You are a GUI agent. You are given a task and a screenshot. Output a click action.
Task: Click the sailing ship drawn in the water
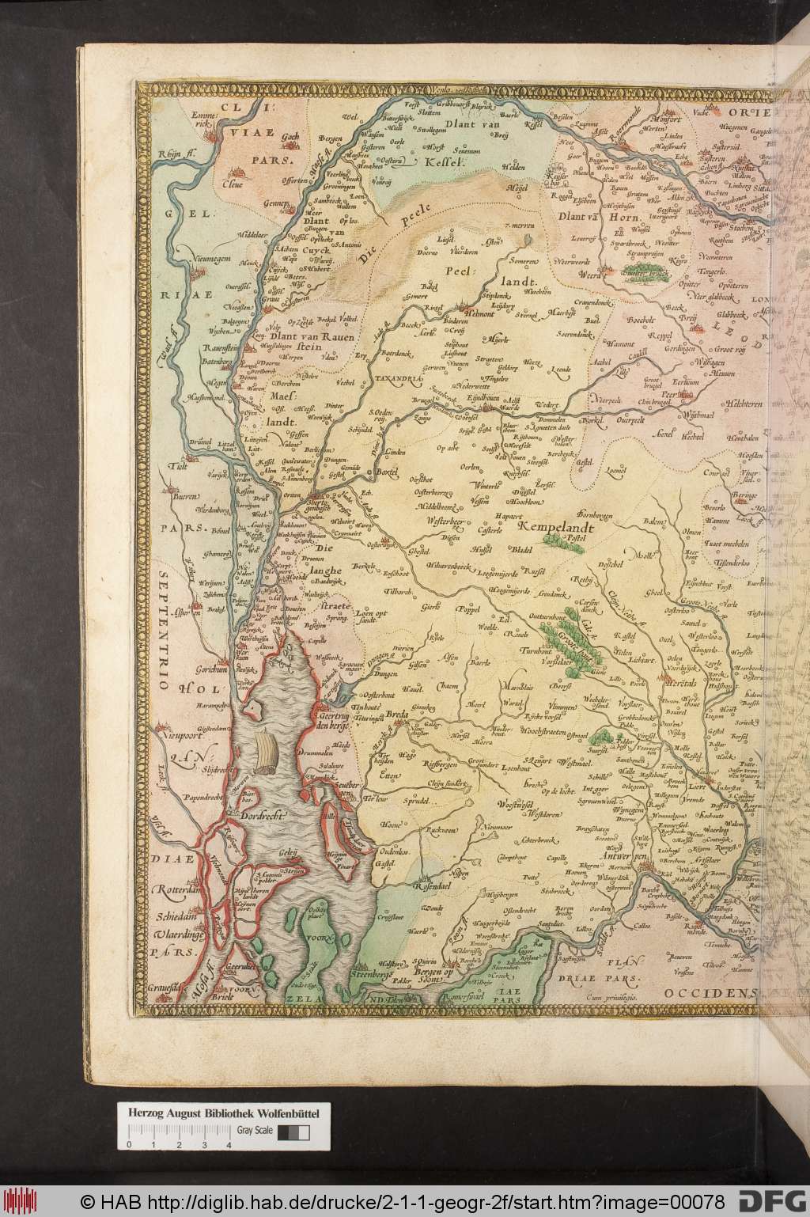(267, 753)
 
